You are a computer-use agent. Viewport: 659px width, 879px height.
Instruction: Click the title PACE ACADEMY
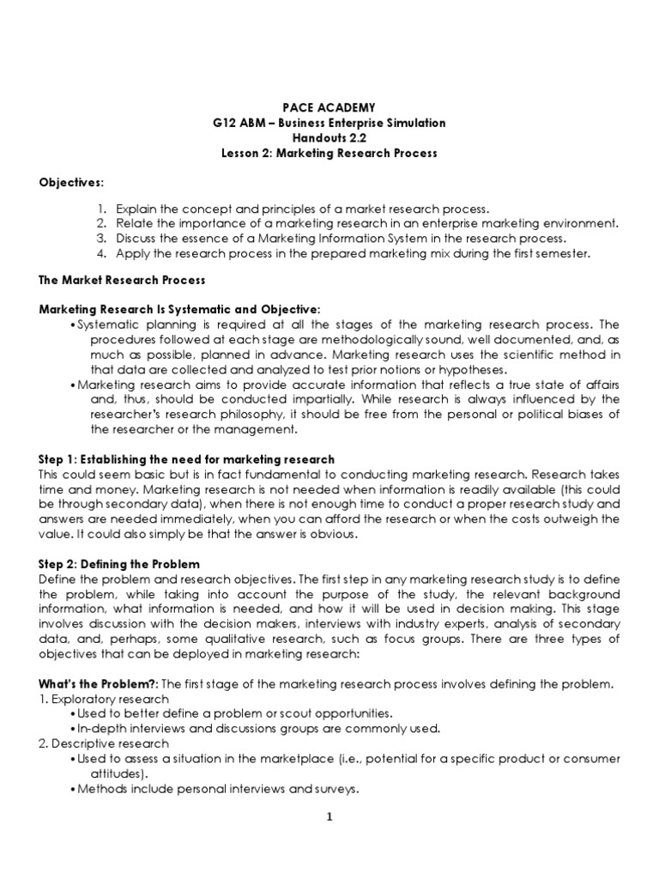[x=329, y=107]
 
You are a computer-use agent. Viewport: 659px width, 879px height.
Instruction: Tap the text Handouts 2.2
[x=329, y=138]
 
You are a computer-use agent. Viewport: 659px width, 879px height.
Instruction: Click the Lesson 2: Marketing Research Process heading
[x=329, y=154]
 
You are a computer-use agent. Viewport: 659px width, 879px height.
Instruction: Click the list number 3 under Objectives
[x=100, y=238]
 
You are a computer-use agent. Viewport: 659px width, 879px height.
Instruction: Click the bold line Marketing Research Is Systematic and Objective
[x=180, y=308]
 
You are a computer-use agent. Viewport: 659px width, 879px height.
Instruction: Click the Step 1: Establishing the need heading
[x=187, y=460]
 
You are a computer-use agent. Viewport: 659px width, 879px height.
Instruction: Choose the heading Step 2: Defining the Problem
[x=119, y=564]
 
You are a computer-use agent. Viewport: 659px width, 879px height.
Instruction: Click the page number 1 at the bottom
[x=329, y=817]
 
